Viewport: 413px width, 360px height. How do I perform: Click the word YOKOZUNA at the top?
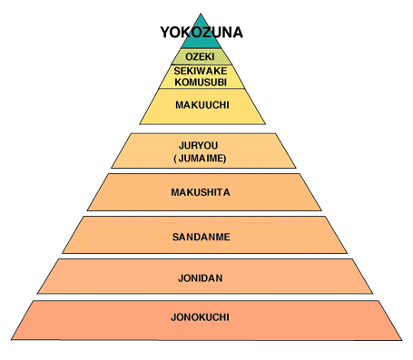coord(202,34)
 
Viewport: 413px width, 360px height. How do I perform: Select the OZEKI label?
coord(202,56)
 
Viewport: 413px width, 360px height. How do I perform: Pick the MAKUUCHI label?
coord(202,105)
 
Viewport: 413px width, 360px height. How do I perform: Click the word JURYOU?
coord(202,144)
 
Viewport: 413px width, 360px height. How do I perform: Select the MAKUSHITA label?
coord(202,192)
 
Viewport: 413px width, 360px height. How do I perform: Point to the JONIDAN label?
coord(202,276)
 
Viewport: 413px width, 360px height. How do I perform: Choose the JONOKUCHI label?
coord(202,317)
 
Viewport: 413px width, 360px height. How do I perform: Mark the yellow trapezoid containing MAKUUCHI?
coord(163,111)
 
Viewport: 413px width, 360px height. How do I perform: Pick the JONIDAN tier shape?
coord(91,277)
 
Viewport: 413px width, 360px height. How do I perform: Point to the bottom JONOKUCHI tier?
coord(73,319)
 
